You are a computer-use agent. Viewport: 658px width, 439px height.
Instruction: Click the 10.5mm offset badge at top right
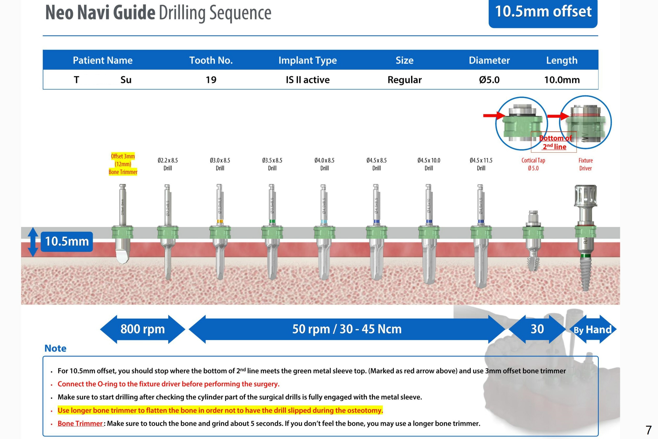coord(543,13)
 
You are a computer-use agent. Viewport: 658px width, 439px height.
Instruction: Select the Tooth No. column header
coord(211,60)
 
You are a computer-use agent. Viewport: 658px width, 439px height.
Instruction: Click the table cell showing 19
coord(211,80)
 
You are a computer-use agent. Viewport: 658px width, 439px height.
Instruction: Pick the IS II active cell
coord(308,80)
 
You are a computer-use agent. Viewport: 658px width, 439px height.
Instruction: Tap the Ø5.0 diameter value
coord(489,80)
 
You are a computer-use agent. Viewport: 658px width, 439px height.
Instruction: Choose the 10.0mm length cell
coord(562,80)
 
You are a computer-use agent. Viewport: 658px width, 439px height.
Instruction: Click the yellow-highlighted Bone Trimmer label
coord(123,164)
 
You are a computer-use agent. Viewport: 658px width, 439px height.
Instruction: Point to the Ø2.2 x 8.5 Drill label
coord(168,164)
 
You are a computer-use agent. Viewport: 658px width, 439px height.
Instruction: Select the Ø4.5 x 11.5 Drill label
coord(481,164)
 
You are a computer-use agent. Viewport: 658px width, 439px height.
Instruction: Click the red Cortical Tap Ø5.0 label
coord(533,164)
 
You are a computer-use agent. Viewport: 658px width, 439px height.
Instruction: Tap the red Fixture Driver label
coord(585,164)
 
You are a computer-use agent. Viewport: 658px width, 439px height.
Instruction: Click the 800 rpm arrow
coord(143,329)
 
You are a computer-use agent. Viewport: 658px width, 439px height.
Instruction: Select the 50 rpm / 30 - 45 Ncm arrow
coord(347,329)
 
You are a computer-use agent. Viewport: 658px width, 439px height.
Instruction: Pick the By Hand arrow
coord(593,330)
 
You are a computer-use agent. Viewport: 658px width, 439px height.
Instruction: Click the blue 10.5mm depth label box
coord(67,241)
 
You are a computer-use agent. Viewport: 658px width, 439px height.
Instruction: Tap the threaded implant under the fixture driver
coord(585,273)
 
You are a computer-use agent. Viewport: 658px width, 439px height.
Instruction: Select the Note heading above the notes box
coord(55,348)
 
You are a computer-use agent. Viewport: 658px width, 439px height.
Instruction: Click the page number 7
coord(648,430)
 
